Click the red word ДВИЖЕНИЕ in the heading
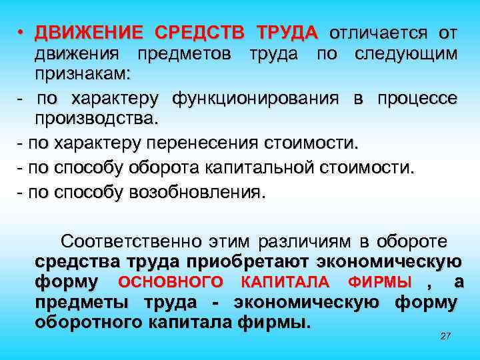click(x=89, y=33)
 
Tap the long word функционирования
click(x=257, y=99)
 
